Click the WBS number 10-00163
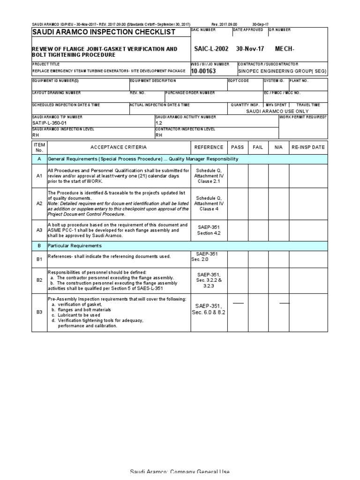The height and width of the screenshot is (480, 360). [x=202, y=71]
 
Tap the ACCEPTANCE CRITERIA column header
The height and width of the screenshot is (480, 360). [x=119, y=147]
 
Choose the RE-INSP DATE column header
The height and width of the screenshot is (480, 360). [x=308, y=147]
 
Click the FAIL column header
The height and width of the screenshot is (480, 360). [x=258, y=147]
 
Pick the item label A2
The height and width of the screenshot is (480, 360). [x=39, y=204]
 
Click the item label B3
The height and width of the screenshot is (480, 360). [x=39, y=312]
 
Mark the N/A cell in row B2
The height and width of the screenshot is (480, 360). [x=278, y=280]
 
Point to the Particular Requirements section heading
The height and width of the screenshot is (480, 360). [x=75, y=246]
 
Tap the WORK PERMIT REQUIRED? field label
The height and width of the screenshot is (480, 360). [x=303, y=116]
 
